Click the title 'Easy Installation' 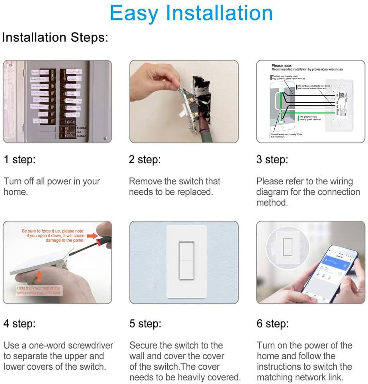point(191,13)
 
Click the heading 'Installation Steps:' point(55,37)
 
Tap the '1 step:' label point(20,160)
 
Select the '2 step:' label point(145,160)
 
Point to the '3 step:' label point(272,160)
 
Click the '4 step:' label point(20,323)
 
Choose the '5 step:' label point(145,323)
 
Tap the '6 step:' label point(273,323)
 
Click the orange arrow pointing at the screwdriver point(92,236)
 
